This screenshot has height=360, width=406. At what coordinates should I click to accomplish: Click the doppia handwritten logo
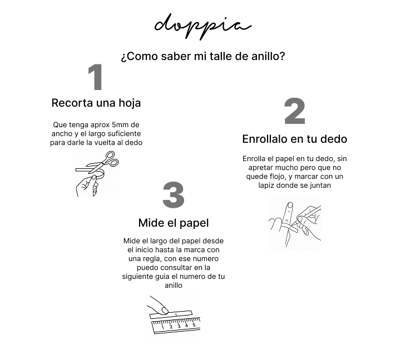(x=203, y=26)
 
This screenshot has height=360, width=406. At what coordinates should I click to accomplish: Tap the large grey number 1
(x=96, y=77)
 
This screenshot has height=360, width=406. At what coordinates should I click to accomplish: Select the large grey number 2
(x=295, y=111)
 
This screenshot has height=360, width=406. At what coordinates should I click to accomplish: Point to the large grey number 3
(x=174, y=195)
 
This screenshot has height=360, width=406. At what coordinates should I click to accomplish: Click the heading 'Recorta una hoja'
(x=96, y=103)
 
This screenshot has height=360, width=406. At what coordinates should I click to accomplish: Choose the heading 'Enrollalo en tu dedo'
(x=295, y=139)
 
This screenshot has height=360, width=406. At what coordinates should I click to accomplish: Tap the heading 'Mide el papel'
(x=174, y=223)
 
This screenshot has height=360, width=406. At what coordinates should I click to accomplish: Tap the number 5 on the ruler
(x=194, y=324)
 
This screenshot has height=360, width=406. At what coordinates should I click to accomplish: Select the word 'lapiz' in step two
(x=266, y=186)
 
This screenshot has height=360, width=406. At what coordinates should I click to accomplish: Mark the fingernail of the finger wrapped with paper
(x=290, y=205)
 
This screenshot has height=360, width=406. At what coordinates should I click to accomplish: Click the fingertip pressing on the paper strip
(x=164, y=310)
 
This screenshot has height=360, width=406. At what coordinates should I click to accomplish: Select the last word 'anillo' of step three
(x=174, y=285)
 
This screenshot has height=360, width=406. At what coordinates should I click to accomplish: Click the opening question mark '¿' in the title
(x=123, y=57)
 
